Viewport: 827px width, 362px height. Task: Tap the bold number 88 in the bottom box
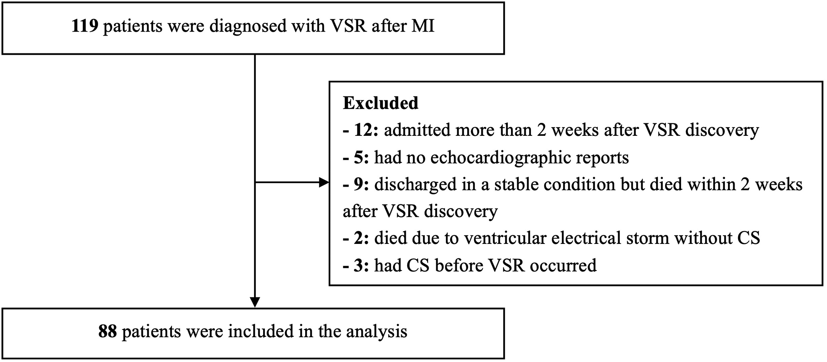pyautogui.click(x=108, y=332)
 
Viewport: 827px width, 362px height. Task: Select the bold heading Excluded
pyautogui.click(x=380, y=103)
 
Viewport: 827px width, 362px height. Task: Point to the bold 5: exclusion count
pyautogui.click(x=360, y=158)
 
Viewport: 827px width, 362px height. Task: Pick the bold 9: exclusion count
pyautogui.click(x=360, y=184)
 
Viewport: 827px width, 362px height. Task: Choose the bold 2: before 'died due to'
pyautogui.click(x=360, y=238)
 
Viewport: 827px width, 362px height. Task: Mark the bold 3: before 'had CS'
pyautogui.click(x=360, y=265)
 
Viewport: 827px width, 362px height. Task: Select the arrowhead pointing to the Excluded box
pyautogui.click(x=324, y=182)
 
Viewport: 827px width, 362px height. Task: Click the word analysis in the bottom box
pyautogui.click(x=376, y=332)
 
